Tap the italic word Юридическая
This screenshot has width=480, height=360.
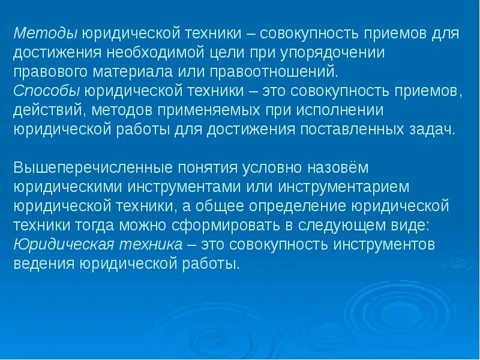55,245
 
